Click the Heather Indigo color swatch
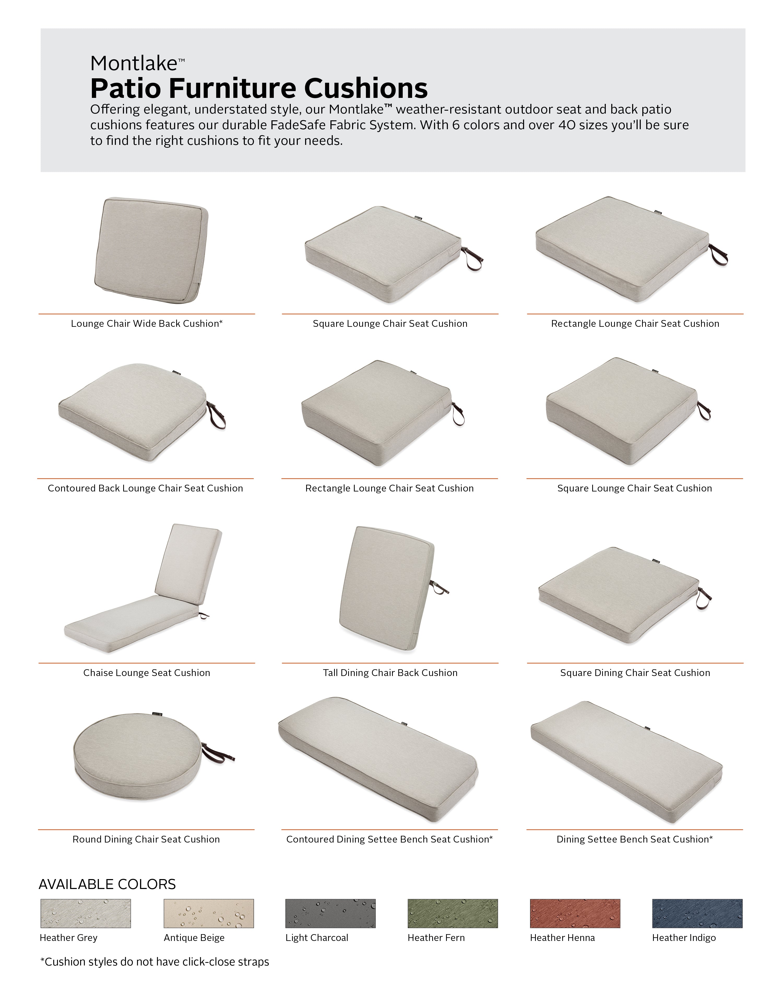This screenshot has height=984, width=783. click(x=697, y=913)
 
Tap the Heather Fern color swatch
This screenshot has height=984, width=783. click(x=452, y=913)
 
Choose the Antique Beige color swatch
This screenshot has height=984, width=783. click(x=209, y=913)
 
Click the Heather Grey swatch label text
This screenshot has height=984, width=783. click(x=68, y=938)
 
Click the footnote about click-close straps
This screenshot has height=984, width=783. click(x=155, y=962)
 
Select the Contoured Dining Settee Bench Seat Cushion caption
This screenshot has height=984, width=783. click(x=389, y=839)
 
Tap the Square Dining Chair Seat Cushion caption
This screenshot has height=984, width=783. click(x=635, y=672)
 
